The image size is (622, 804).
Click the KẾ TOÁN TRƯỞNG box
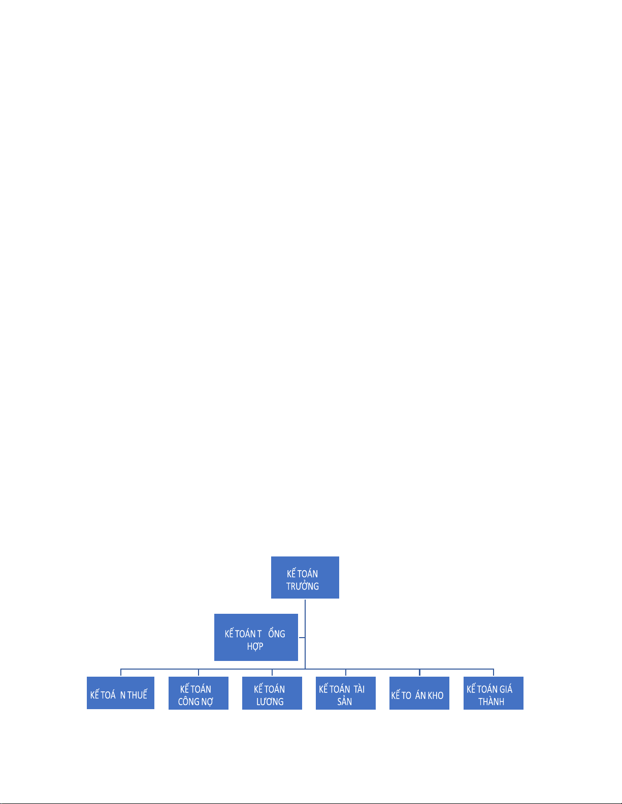click(x=305, y=577)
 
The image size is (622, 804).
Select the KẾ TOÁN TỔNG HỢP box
click(x=256, y=637)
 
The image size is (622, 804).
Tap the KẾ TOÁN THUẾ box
click(x=120, y=693)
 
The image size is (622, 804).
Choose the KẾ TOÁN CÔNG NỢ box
click(x=198, y=693)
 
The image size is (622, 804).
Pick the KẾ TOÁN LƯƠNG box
click(x=272, y=693)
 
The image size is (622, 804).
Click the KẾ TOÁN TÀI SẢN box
click(x=345, y=693)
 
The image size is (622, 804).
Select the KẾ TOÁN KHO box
click(x=419, y=693)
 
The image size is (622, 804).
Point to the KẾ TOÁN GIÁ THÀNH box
click(x=493, y=693)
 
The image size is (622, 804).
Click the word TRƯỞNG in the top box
click(x=303, y=586)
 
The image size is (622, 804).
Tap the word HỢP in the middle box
click(x=255, y=647)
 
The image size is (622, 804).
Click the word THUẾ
click(x=137, y=695)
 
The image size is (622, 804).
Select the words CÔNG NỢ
click(x=195, y=702)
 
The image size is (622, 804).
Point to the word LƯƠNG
click(x=270, y=702)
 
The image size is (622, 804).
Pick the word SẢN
click(x=345, y=702)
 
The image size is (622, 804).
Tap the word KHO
click(x=435, y=695)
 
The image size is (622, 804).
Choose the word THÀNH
click(x=491, y=702)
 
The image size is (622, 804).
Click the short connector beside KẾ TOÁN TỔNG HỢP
click(x=302, y=638)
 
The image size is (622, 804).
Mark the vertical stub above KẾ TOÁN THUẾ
click(x=121, y=673)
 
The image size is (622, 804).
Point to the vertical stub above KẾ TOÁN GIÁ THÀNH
click(x=494, y=673)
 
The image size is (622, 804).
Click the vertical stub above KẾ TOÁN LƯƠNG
click(x=272, y=673)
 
